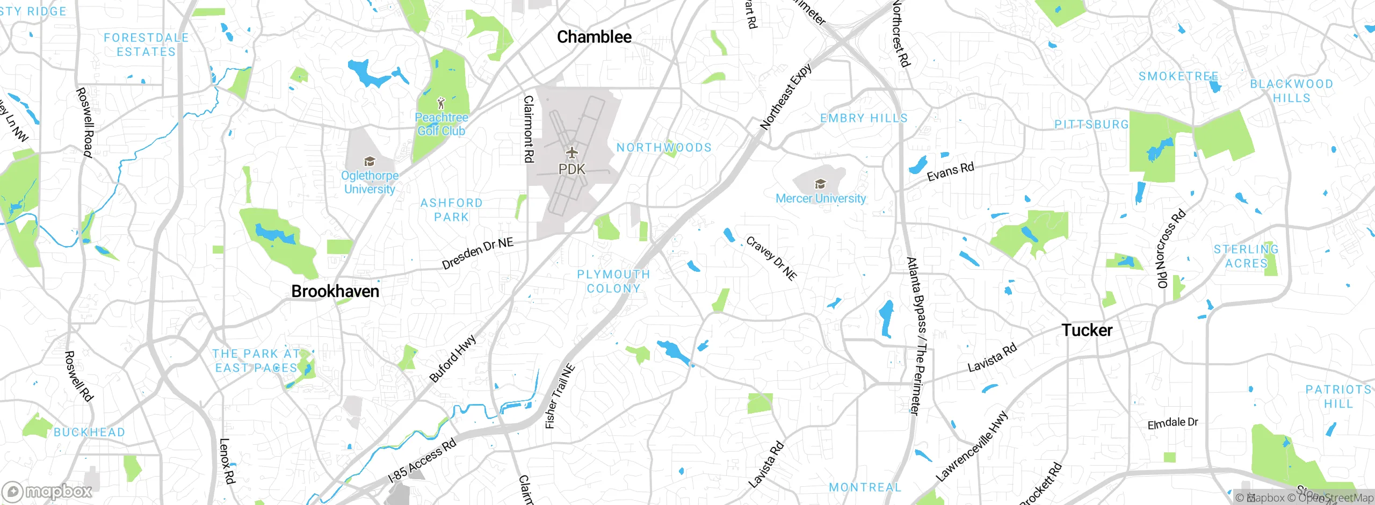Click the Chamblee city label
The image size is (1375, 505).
tap(594, 37)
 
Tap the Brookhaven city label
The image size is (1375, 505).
tap(335, 291)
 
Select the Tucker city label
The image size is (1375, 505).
tap(1087, 330)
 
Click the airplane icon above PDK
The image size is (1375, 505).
tap(572, 153)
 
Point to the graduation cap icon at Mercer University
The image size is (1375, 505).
tap(820, 184)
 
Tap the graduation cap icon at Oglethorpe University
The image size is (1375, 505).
tap(370, 161)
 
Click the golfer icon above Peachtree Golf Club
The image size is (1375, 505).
tap(441, 103)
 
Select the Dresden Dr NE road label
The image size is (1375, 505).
tap(477, 254)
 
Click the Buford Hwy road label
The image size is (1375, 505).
tap(453, 358)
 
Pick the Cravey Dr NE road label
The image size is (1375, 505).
tap(771, 258)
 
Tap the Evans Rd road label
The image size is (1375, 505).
tap(950, 171)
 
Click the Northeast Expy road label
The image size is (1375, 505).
tap(785, 97)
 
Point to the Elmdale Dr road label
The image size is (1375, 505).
tap(1173, 423)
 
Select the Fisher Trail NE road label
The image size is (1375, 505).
tap(560, 396)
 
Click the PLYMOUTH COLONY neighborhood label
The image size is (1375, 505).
tap(613, 282)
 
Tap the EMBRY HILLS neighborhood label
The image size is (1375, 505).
tap(864, 118)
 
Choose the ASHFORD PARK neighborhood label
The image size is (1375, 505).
tap(451, 210)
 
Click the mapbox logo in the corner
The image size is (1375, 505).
tap(47, 491)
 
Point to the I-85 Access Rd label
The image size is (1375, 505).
tap(422, 460)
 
